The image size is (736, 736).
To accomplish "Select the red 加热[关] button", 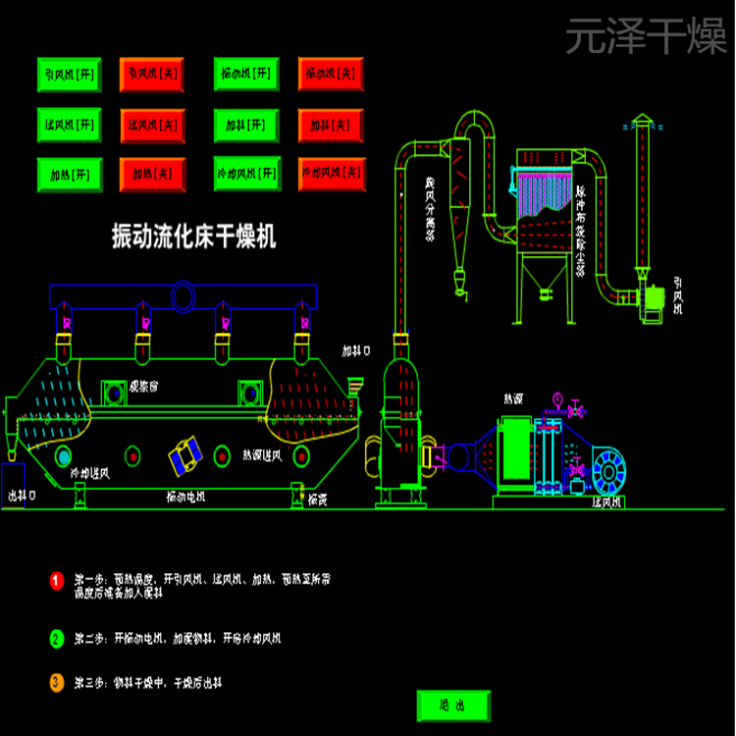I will (x=151, y=175).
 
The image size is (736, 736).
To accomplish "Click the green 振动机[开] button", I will (x=245, y=74).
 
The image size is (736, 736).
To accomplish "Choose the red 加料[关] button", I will (x=331, y=125).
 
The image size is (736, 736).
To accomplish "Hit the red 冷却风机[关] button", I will (x=331, y=175).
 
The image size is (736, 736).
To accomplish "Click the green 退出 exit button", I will (x=452, y=705).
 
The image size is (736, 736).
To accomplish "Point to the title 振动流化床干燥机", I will (x=194, y=237).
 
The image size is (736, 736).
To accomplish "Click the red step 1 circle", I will (x=56, y=581).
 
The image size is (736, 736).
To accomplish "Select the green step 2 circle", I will (x=56, y=639).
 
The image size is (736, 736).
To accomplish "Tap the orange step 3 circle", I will (x=56, y=682).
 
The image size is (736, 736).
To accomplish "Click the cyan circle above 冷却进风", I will (x=64, y=455).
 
